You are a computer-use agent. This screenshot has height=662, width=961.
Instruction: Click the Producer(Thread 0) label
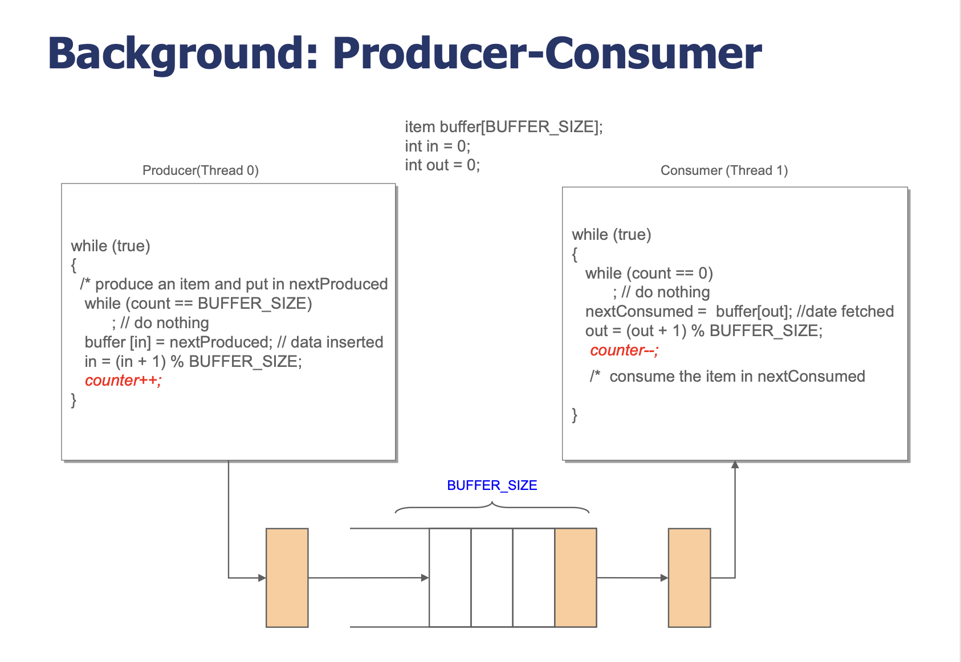tap(201, 171)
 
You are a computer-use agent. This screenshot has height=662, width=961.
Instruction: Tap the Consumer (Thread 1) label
tap(724, 171)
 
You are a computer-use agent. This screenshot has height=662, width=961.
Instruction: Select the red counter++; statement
tap(123, 381)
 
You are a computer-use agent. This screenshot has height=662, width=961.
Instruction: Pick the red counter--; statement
tap(624, 350)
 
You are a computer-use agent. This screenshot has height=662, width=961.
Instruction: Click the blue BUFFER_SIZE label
tap(492, 485)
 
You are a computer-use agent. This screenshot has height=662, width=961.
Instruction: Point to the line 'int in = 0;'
tap(438, 146)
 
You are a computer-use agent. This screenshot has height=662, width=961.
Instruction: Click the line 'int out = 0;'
tap(442, 165)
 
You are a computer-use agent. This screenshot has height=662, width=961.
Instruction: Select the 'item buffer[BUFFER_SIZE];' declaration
tap(504, 127)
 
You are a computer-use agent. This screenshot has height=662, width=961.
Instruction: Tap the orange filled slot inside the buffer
tap(576, 578)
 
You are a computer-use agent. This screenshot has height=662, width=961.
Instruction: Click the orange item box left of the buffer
tap(287, 578)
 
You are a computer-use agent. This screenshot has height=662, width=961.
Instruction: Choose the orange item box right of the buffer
tap(690, 578)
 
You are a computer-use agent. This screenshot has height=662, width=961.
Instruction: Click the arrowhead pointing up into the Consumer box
tap(735, 464)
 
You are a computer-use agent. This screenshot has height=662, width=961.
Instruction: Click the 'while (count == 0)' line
tap(649, 273)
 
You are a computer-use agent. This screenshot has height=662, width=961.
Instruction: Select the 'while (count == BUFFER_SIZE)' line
tap(198, 304)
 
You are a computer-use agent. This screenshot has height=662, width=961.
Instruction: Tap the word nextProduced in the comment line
tap(338, 284)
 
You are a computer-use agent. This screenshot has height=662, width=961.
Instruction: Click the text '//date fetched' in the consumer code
tap(845, 311)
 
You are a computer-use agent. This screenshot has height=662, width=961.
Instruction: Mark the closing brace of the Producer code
tap(74, 401)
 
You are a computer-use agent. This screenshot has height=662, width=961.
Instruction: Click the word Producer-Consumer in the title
tap(547, 54)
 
